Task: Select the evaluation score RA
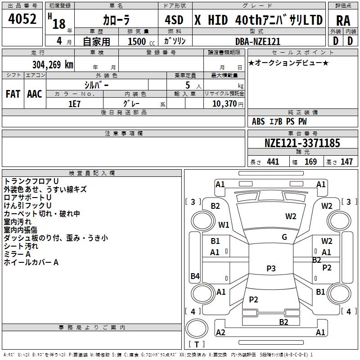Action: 343,20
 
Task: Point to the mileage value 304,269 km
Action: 53,64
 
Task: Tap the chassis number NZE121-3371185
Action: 302,144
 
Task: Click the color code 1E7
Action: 74,103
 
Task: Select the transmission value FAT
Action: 13,94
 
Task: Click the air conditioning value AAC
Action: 35,94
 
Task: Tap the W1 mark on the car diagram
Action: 224,225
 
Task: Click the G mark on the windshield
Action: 284,237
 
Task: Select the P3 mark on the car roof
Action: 271,268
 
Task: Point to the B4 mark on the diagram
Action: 195,276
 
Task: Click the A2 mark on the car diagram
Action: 220,332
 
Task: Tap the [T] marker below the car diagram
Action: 197,344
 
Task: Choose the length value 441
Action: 273,162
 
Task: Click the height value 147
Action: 346,162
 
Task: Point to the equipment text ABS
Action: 258,121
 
